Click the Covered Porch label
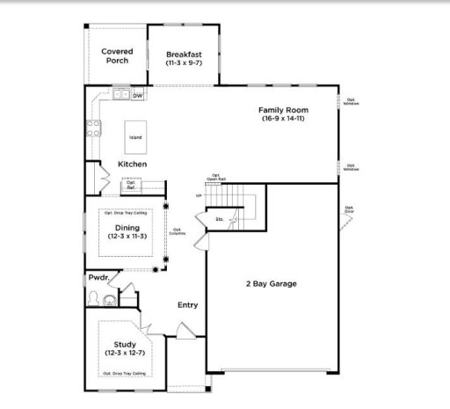pyautogui.click(x=116, y=56)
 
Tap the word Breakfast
pyautogui.click(x=185, y=55)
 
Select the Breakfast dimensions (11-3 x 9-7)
pyautogui.click(x=185, y=64)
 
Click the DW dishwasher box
pyautogui.click(x=138, y=94)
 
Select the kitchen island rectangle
pyautogui.click(x=135, y=137)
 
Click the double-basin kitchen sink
pyautogui.click(x=120, y=93)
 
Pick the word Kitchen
pyautogui.click(x=132, y=164)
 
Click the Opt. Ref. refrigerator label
pyautogui.click(x=131, y=186)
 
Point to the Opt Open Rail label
pyautogui.click(x=216, y=177)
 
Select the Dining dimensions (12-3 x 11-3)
pyautogui.click(x=127, y=237)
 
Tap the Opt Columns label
pyautogui.click(x=177, y=231)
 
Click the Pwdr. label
pyautogui.click(x=98, y=278)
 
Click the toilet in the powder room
pyautogui.click(x=108, y=301)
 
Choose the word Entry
pyautogui.click(x=187, y=305)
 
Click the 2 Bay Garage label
pyautogui.click(x=270, y=284)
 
